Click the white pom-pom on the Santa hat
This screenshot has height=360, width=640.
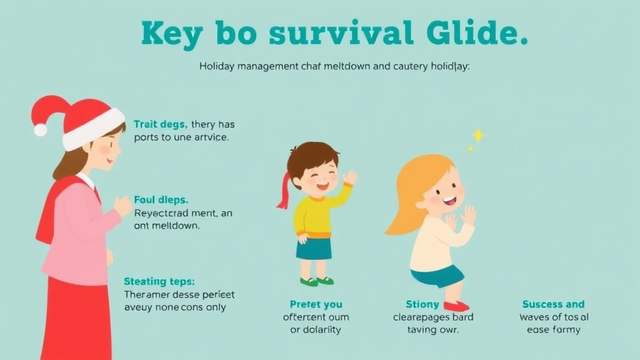point(41,129)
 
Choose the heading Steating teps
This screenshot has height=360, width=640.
point(159,281)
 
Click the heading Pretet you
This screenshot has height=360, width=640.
point(316,304)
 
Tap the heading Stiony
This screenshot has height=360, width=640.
point(422,304)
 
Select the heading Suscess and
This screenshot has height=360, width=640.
point(553,304)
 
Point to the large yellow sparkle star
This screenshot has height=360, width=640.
point(478,134)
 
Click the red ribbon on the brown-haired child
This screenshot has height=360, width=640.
point(284,190)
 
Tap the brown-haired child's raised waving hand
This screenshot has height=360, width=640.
point(350,178)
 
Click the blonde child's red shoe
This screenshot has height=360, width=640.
point(456,306)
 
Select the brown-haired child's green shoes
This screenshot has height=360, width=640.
point(317,281)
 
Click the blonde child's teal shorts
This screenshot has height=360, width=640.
point(438,275)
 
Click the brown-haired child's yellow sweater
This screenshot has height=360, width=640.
point(316,212)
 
